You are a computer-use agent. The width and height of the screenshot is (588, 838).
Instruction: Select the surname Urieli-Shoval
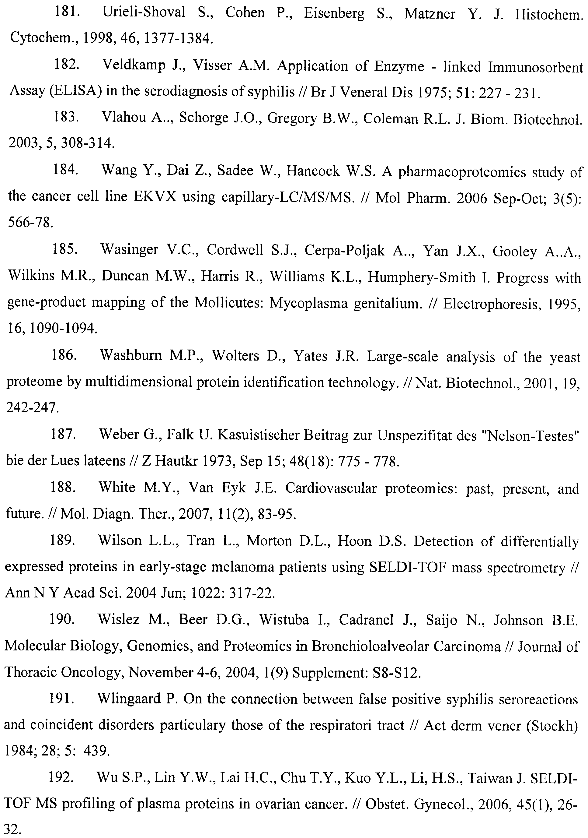[x=144, y=13]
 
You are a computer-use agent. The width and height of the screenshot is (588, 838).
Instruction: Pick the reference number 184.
[x=66, y=170]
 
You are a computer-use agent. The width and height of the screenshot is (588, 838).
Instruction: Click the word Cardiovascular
[x=331, y=488]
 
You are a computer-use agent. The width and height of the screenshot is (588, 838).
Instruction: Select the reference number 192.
[x=61, y=777]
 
